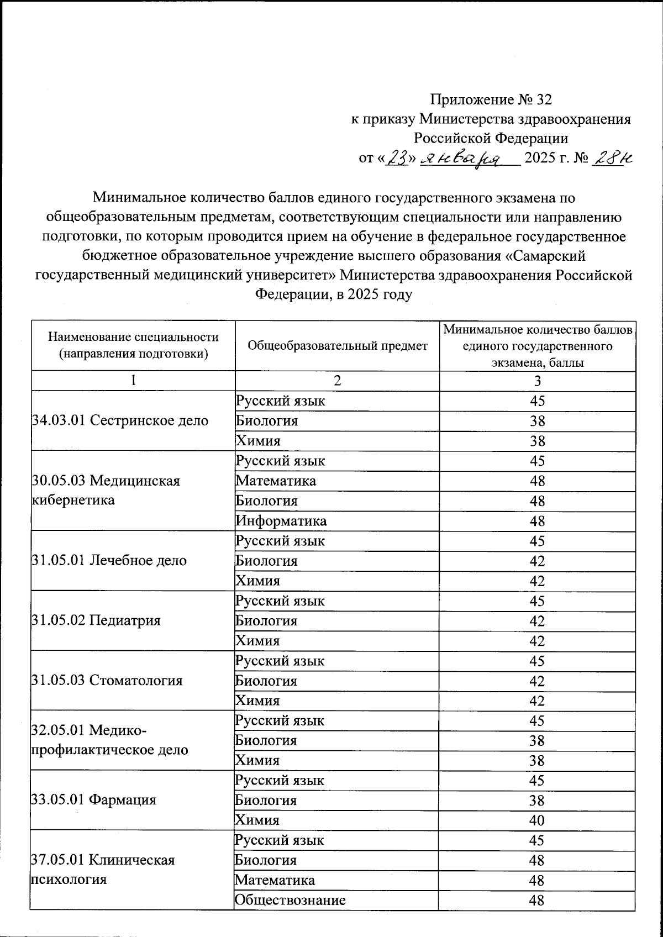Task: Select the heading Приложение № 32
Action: click(491, 99)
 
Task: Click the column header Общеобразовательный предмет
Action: click(337, 346)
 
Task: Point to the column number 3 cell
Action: click(537, 381)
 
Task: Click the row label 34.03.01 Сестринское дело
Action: click(120, 420)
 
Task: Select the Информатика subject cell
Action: click(281, 520)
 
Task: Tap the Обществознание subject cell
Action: click(291, 900)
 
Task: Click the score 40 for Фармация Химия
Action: click(536, 820)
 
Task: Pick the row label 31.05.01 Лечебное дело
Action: click(109, 560)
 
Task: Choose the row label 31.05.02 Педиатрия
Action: click(96, 620)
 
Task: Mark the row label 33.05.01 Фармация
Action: click(94, 800)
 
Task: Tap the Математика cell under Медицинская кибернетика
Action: click(276, 481)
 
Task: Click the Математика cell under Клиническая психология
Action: click(275, 880)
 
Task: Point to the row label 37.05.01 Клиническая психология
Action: click(103, 870)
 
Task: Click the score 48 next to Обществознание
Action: click(536, 900)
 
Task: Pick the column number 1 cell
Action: click(133, 381)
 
